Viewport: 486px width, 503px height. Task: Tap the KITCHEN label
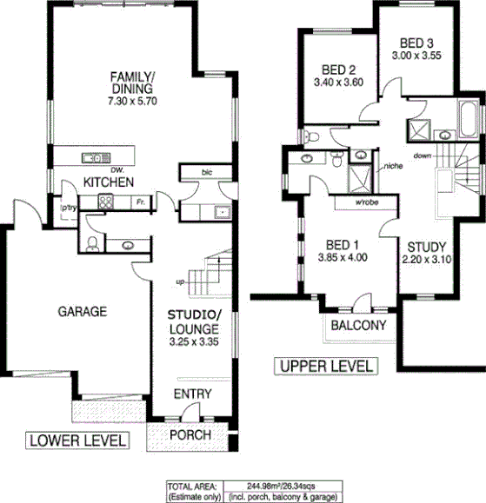pos(108,182)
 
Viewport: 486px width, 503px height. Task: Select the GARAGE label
pos(82,310)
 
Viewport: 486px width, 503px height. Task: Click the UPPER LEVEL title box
pos(325,366)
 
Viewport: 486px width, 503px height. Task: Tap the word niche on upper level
pos(392,165)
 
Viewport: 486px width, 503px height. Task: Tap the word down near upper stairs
pos(423,156)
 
